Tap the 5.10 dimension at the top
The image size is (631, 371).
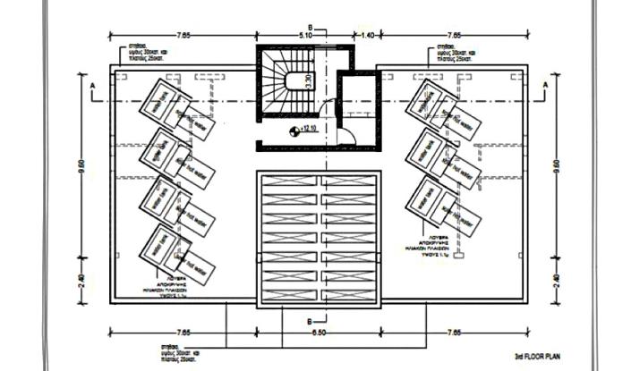point(304,35)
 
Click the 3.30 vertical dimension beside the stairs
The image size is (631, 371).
point(307,79)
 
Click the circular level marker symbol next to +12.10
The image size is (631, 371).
point(293,131)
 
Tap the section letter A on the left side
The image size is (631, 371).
point(91,85)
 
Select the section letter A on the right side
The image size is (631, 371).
point(544,85)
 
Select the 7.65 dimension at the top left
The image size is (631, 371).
point(183,35)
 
